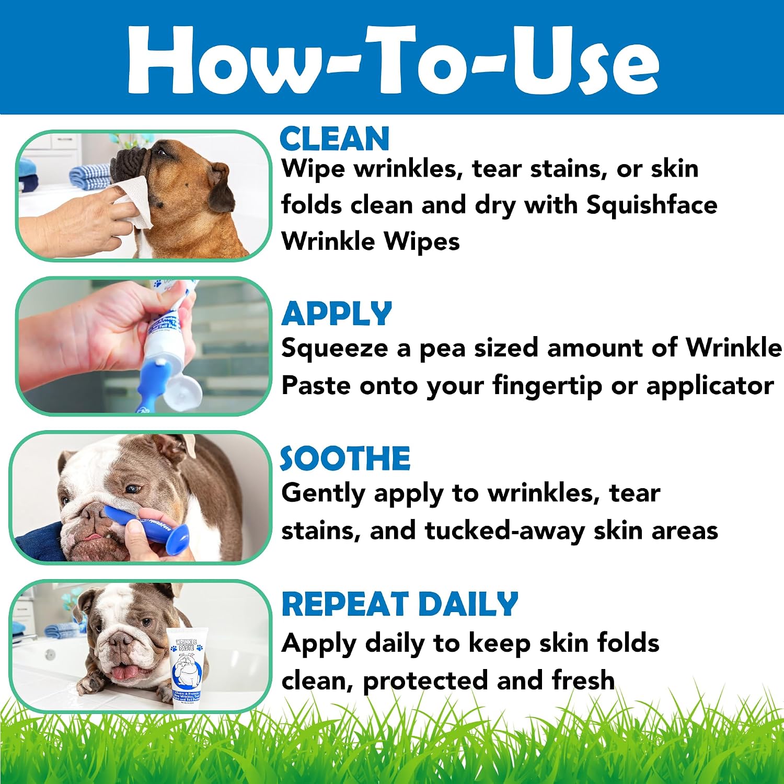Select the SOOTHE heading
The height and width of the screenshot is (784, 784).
coord(345,458)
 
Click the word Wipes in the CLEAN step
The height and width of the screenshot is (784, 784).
coord(422,242)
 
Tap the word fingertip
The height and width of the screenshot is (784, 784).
coord(547,386)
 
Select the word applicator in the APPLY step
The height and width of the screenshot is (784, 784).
coord(710,386)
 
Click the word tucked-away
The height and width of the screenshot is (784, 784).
coord(505,531)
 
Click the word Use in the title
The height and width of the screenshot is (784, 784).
coord(584,59)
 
